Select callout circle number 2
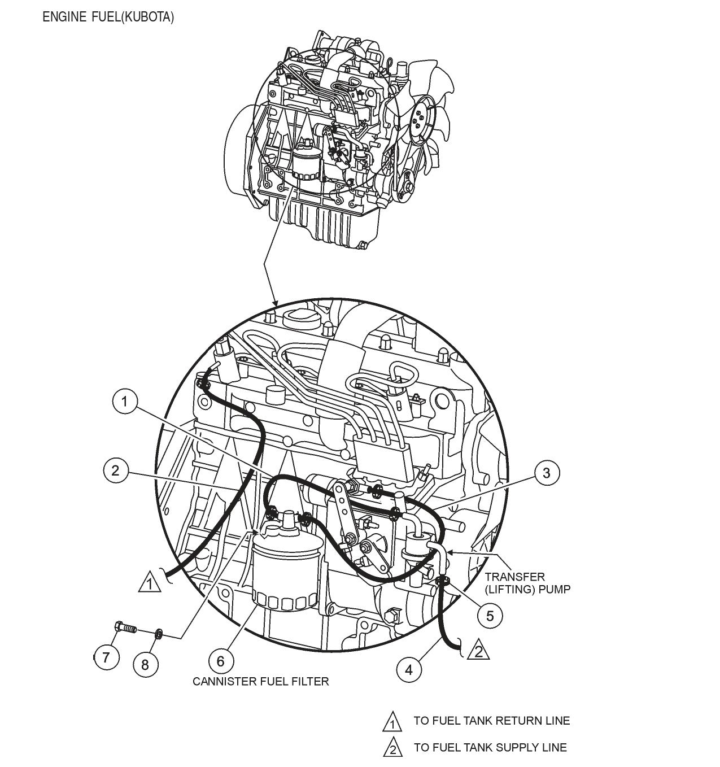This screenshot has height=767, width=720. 116,470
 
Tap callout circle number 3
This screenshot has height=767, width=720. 546,473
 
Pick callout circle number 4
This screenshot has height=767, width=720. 409,670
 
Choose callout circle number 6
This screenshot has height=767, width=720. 221,660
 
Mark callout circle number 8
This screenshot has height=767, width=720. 145,664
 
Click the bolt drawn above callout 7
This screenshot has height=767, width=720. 125,628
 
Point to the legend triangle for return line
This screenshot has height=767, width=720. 392,722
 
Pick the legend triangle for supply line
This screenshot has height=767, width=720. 392,749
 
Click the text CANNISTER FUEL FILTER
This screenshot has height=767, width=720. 260,682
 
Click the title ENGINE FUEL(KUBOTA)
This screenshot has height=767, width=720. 108,18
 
